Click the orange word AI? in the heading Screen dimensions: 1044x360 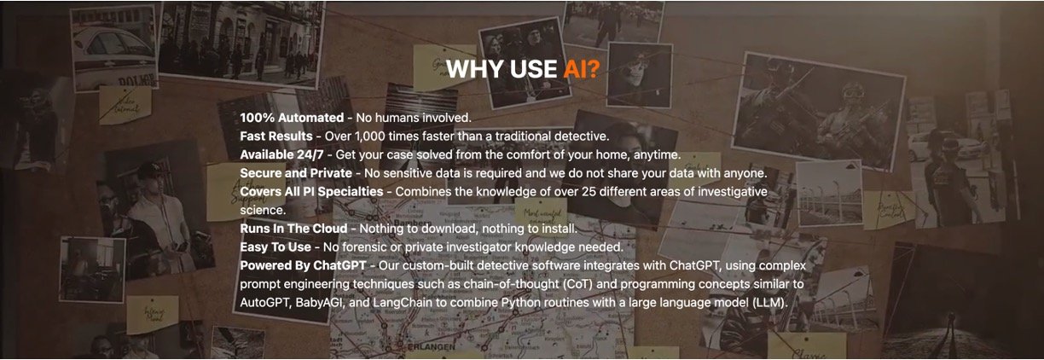point(581,69)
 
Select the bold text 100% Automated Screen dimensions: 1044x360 point(292,118)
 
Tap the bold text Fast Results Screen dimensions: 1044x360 point(276,136)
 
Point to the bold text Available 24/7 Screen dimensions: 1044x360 point(281,154)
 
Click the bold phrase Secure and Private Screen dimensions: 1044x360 point(296,173)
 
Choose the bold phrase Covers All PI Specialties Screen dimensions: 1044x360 point(311,192)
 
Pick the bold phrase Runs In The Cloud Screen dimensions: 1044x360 point(293,229)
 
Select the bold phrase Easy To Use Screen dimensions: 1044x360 point(275,247)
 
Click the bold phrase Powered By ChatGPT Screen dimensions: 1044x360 point(303,265)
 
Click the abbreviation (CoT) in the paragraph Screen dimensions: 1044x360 point(577,284)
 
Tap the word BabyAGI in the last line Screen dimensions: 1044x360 point(320,303)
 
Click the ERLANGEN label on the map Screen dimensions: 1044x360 point(431,347)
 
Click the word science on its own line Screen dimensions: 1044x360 point(263,211)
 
